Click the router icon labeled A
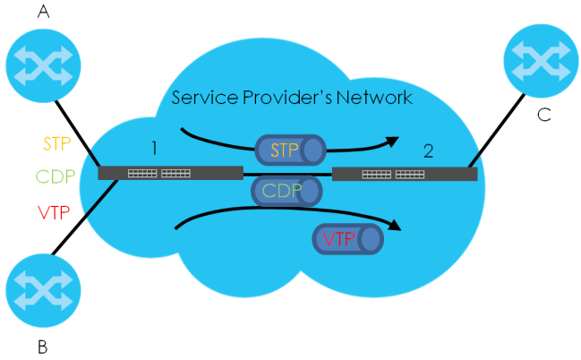42,64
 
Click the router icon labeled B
42,293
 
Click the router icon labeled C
542,64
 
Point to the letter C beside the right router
543,114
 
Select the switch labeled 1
170,174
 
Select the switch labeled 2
405,174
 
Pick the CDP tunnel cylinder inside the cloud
287,191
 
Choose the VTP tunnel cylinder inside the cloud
345,237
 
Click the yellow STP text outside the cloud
57,142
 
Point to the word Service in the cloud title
204,96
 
